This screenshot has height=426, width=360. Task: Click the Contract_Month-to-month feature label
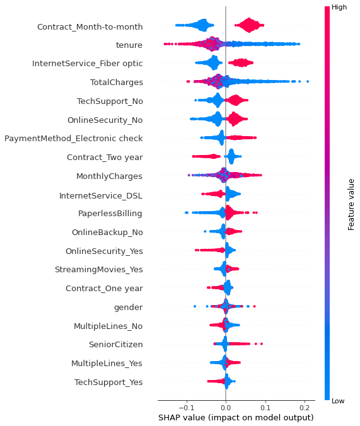pyautogui.click(x=90, y=27)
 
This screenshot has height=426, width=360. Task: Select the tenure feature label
pyautogui.click(x=129, y=45)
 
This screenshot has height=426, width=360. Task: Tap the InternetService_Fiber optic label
pyautogui.click(x=87, y=64)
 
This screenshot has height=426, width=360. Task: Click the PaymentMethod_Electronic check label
pyautogui.click(x=74, y=138)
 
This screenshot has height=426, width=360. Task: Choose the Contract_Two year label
pyautogui.click(x=105, y=157)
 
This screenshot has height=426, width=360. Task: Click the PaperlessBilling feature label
pyautogui.click(x=110, y=213)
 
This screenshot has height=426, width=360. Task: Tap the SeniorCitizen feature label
pyautogui.click(x=115, y=344)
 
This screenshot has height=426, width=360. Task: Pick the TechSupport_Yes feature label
pyautogui.click(x=108, y=382)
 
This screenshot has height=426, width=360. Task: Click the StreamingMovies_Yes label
pyautogui.click(x=99, y=269)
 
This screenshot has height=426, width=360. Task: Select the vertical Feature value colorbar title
pyautogui.click(x=351, y=203)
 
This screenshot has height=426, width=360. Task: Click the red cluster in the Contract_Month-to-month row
pyautogui.click(x=250, y=26)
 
